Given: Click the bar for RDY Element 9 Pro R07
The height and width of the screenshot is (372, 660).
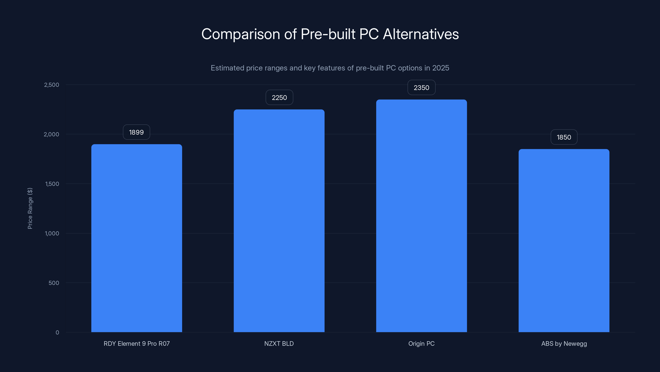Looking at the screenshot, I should (x=137, y=238).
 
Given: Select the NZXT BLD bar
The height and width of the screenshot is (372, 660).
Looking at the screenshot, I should (x=279, y=221).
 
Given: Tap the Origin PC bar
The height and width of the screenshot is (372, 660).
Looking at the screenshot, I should (x=421, y=216).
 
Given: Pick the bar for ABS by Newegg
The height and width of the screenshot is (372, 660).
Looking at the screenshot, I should (x=564, y=241).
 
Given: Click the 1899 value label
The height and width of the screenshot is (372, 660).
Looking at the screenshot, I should (x=136, y=132).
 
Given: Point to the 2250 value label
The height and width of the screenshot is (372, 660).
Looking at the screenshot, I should (x=279, y=98).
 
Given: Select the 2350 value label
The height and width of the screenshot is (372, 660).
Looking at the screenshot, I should (x=421, y=88).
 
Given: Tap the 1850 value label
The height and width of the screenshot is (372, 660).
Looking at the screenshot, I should (x=564, y=137).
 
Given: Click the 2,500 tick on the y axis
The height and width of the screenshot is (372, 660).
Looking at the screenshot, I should (x=52, y=85).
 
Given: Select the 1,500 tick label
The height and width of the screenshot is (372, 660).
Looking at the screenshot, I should (x=52, y=184).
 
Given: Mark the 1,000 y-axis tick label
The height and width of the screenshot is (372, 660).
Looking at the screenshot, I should (x=52, y=233).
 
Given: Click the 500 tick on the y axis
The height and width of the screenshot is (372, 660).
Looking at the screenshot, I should (x=54, y=283).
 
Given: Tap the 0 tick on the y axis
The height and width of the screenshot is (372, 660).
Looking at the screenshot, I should (x=57, y=333).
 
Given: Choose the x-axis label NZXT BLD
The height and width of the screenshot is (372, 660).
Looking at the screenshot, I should (x=279, y=343).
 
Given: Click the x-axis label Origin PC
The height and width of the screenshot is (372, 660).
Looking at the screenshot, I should (x=421, y=343).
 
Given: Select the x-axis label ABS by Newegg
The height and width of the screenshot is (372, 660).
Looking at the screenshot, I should (x=564, y=343).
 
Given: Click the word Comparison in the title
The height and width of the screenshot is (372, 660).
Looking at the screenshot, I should (x=240, y=34).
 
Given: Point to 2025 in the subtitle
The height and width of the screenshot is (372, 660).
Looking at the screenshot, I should (x=441, y=68).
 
